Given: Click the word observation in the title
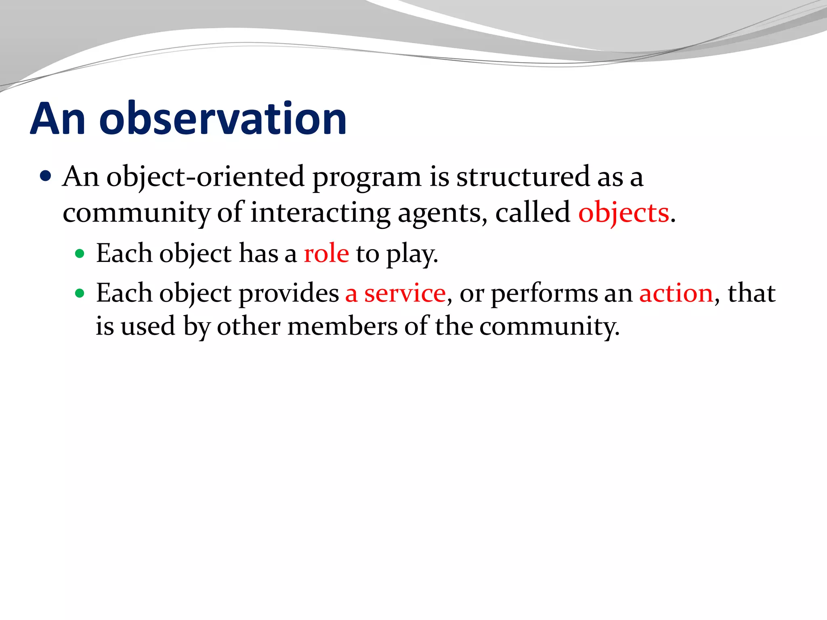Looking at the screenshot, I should [223, 119].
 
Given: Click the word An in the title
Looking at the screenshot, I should [58, 119].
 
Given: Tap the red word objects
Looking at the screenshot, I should [623, 213].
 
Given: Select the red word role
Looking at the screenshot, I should [326, 254].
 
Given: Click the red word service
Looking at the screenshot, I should [405, 293].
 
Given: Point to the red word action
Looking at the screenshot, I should [676, 293].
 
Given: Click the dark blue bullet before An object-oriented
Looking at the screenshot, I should [46, 176].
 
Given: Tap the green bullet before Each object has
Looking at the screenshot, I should [80, 254].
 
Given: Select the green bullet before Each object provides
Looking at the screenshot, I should [80, 293].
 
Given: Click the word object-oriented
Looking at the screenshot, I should [205, 177].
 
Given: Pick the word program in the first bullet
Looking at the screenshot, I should [367, 178].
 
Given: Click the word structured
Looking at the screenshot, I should [523, 177].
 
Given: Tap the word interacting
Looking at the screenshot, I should [320, 213].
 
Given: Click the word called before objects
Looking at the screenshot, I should [533, 212].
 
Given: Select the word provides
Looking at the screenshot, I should [289, 293].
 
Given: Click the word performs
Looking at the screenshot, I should [544, 293].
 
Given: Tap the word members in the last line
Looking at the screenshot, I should [342, 326].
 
